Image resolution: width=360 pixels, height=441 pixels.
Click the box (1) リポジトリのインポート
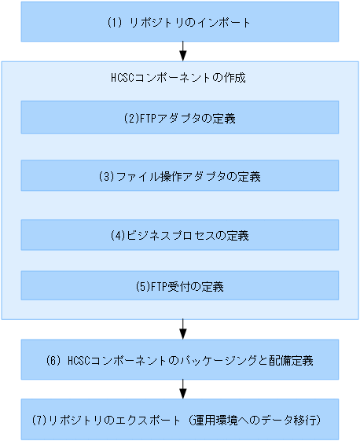point(179,22)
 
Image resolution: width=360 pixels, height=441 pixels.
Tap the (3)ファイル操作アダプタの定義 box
point(179,176)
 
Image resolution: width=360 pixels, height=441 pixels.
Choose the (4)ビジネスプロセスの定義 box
point(179,234)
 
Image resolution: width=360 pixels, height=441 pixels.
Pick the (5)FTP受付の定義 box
point(179,286)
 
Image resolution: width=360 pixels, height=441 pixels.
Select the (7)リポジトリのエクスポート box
point(179,420)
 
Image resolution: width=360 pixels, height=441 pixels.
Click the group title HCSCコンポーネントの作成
point(180,79)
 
